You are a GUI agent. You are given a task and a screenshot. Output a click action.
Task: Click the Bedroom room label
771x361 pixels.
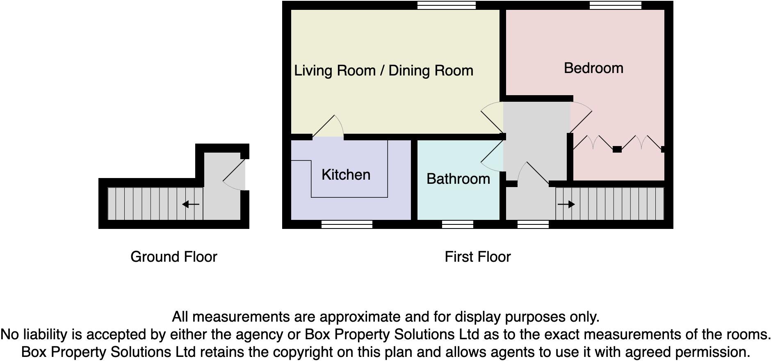[x=593, y=68]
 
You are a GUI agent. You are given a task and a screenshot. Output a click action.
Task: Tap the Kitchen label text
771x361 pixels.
[x=346, y=175]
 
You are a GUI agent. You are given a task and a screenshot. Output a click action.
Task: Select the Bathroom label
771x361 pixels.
[x=458, y=179]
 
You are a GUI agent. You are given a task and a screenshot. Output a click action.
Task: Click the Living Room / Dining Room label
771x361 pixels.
[x=383, y=71]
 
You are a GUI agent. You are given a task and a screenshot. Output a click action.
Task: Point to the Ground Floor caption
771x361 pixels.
[x=173, y=257]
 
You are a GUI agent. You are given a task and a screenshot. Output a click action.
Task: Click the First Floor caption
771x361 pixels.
[x=477, y=257]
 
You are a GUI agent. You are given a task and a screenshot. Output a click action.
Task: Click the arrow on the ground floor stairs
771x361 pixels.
[x=191, y=204]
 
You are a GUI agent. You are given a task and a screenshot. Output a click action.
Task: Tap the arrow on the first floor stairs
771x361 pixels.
[x=566, y=204]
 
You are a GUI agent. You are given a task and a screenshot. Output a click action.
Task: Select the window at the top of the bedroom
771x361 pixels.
[x=615, y=5]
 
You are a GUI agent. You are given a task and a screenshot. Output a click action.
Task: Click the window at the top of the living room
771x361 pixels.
[x=446, y=5]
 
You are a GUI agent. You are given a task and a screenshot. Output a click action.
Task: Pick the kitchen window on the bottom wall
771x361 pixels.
[x=347, y=224]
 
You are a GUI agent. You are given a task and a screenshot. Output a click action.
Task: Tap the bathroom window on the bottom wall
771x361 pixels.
[x=457, y=224]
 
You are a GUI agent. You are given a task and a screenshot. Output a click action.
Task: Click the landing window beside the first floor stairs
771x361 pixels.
[x=533, y=224]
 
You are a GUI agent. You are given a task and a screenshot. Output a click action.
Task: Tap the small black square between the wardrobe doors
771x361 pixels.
[x=617, y=150]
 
